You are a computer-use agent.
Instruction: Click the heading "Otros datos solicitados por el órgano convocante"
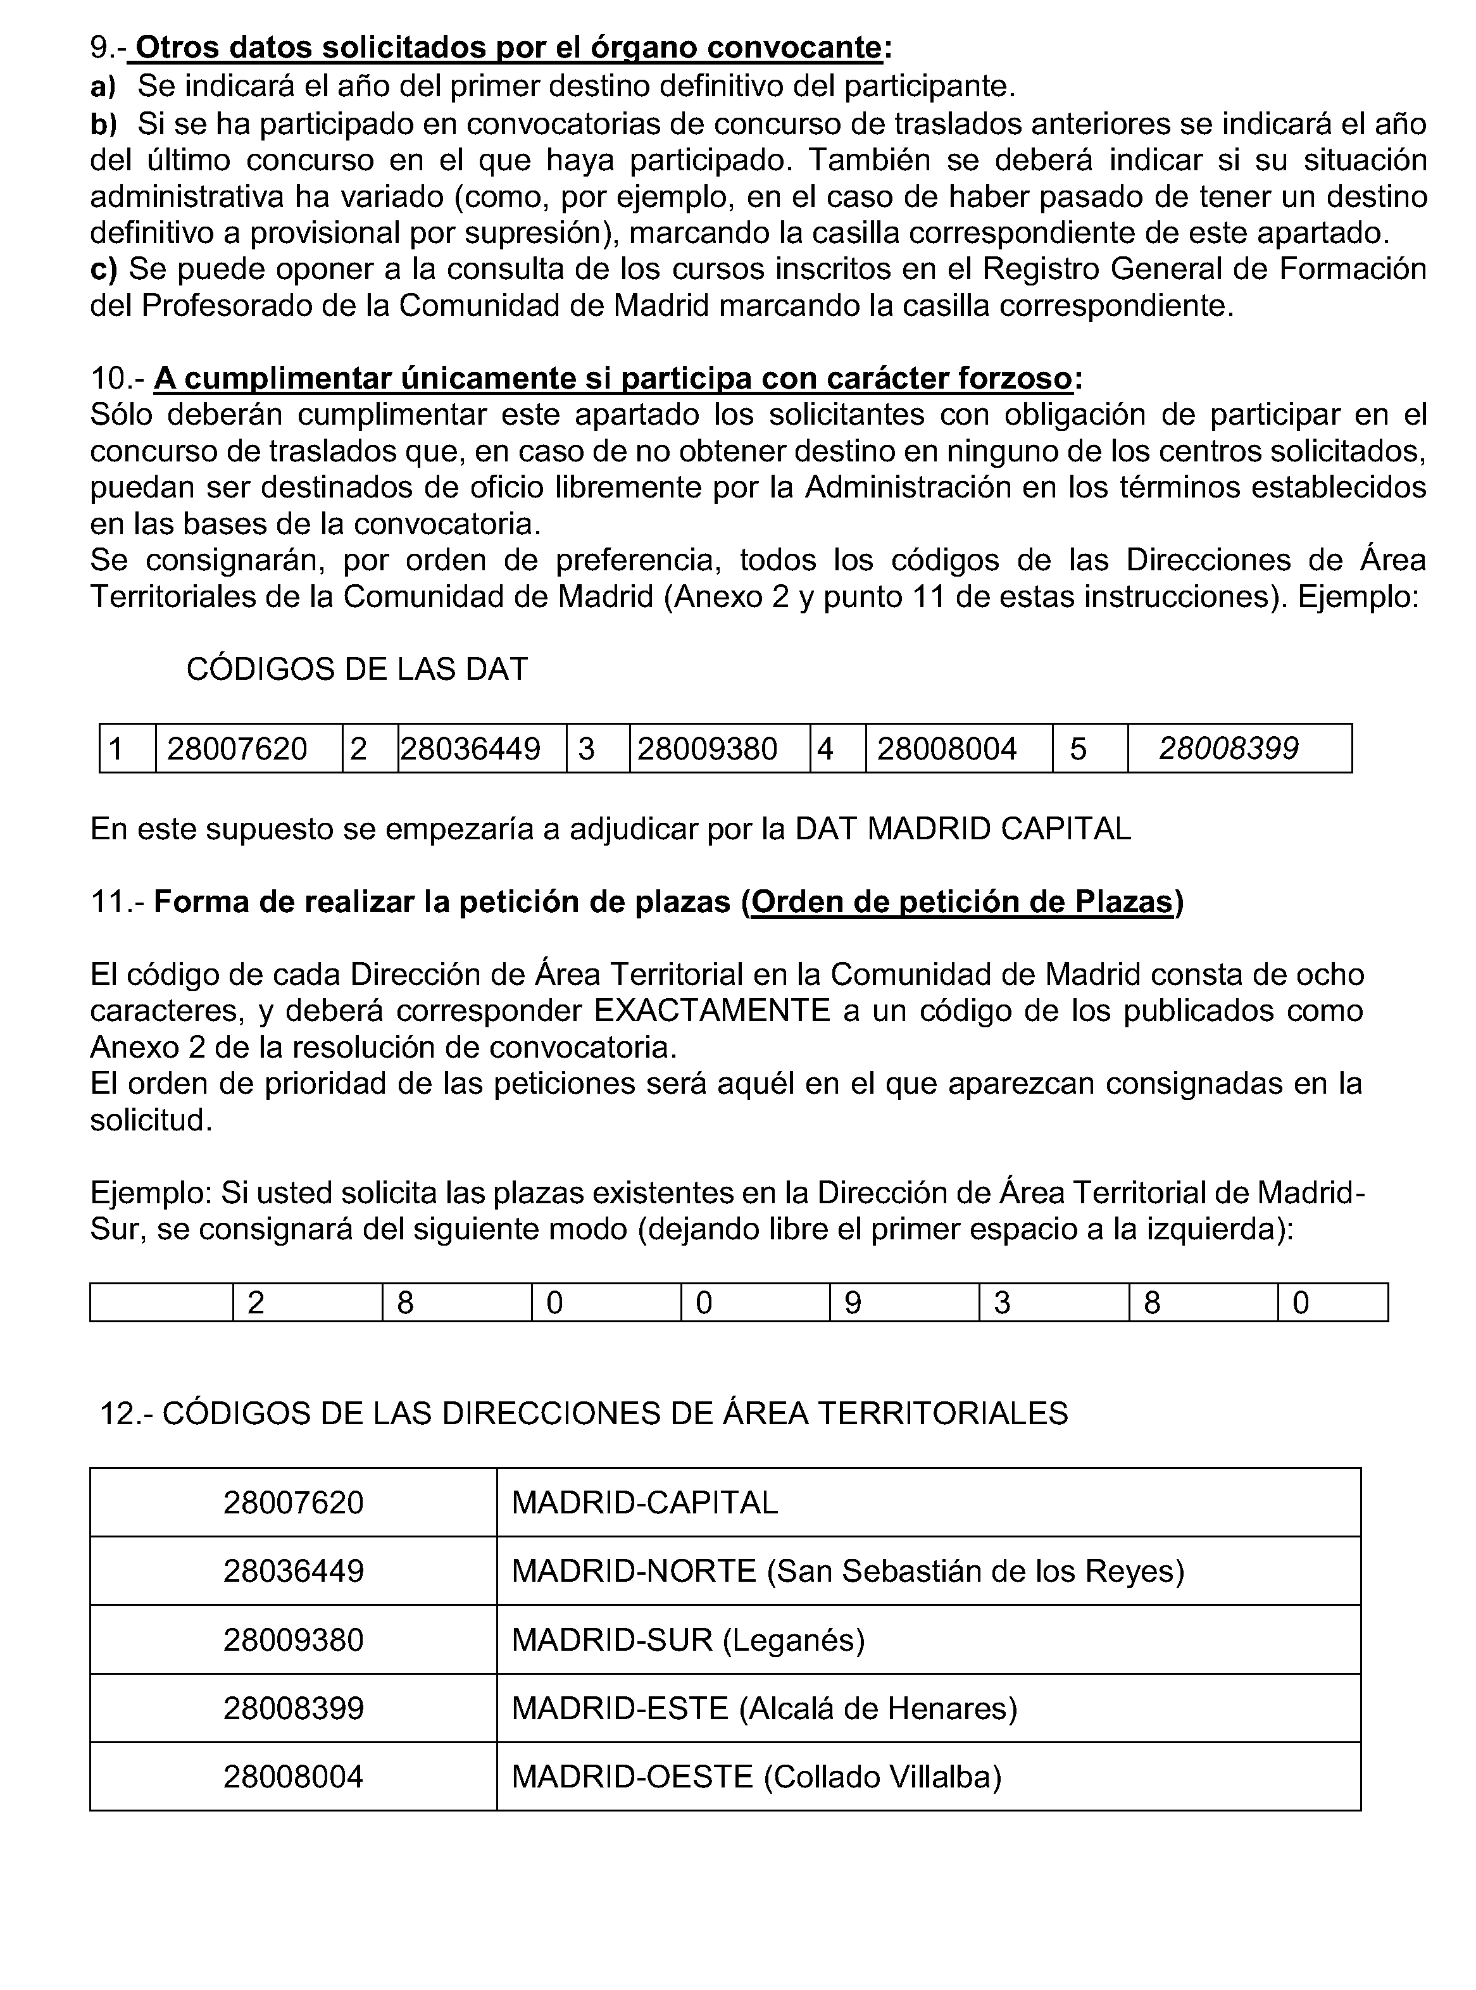coord(508,47)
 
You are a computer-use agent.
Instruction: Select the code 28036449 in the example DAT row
coord(470,749)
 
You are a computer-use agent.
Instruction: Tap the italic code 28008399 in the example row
coord(1229,749)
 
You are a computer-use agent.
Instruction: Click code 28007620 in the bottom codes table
coord(293,1502)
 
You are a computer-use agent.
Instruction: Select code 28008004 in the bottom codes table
coord(293,1777)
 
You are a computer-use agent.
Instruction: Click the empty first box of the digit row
coord(162,1302)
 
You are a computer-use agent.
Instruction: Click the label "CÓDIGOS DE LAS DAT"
coord(356,669)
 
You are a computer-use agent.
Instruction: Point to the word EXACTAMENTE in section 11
coord(712,1011)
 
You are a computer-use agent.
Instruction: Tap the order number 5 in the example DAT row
coord(1079,749)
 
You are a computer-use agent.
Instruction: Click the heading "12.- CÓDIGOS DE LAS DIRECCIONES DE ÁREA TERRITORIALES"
coord(584,1413)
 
